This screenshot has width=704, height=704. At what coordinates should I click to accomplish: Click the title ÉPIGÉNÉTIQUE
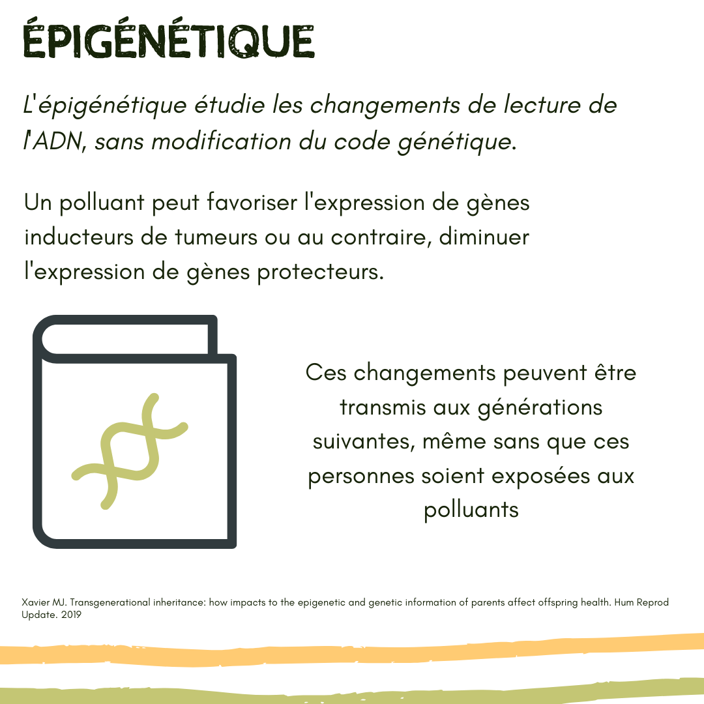169,38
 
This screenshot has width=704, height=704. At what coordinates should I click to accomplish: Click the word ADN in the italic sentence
58,141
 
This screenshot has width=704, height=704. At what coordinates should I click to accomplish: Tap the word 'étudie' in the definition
229,104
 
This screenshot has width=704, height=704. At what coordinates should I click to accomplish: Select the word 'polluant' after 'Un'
102,203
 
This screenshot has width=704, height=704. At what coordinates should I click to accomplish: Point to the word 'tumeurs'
216,237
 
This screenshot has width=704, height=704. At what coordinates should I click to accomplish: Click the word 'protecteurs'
321,272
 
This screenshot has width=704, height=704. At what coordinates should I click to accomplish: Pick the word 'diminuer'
484,237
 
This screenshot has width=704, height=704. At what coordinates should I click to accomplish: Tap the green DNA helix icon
130,451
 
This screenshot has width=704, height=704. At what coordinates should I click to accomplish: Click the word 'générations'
540,408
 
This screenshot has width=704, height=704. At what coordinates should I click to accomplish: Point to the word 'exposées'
540,477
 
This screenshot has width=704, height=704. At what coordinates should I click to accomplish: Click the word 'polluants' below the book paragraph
471,510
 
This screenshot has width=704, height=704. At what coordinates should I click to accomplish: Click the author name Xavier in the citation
35,602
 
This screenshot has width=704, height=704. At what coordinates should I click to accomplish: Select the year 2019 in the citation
71,615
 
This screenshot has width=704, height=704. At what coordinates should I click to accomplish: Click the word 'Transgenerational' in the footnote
110,602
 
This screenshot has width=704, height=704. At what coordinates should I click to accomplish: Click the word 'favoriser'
252,202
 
